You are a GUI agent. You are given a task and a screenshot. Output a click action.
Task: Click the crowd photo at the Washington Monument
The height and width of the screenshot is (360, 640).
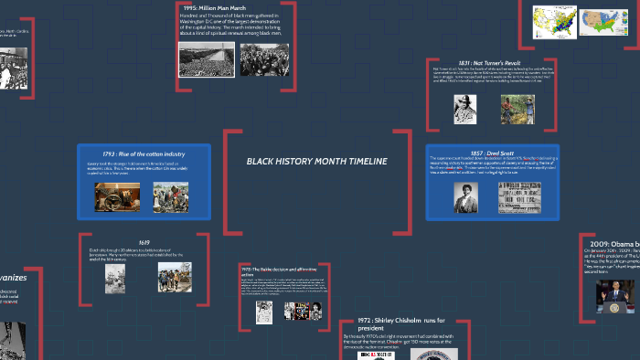[206, 59]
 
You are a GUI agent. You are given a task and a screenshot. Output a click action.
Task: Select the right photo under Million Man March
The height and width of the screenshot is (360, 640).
[264, 59]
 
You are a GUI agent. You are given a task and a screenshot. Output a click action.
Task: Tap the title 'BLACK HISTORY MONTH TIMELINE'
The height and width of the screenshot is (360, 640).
[316, 162]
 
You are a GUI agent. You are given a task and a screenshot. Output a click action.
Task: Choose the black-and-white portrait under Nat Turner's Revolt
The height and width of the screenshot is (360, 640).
[465, 109]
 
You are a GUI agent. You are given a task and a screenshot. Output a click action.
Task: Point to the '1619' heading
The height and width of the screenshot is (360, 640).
[144, 243]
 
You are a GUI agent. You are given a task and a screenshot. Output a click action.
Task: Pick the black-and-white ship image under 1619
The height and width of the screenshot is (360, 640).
[115, 278]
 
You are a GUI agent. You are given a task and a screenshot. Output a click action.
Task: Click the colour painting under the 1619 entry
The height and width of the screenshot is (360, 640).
[174, 277]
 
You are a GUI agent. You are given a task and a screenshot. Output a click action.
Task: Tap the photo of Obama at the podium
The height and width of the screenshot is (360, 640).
[614, 296]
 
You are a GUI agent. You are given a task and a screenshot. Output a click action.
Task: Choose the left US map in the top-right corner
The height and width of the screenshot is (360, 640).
[553, 20]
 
